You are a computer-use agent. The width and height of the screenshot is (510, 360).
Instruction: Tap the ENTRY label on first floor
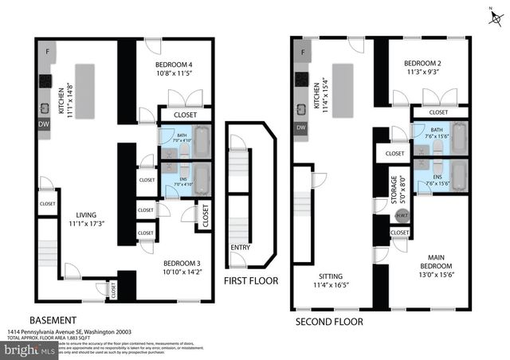(238, 248)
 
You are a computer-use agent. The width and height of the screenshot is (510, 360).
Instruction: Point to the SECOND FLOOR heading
(329, 322)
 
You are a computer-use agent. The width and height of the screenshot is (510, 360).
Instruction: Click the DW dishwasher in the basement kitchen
(44, 124)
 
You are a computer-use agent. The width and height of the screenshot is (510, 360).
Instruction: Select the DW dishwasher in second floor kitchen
(300, 127)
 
